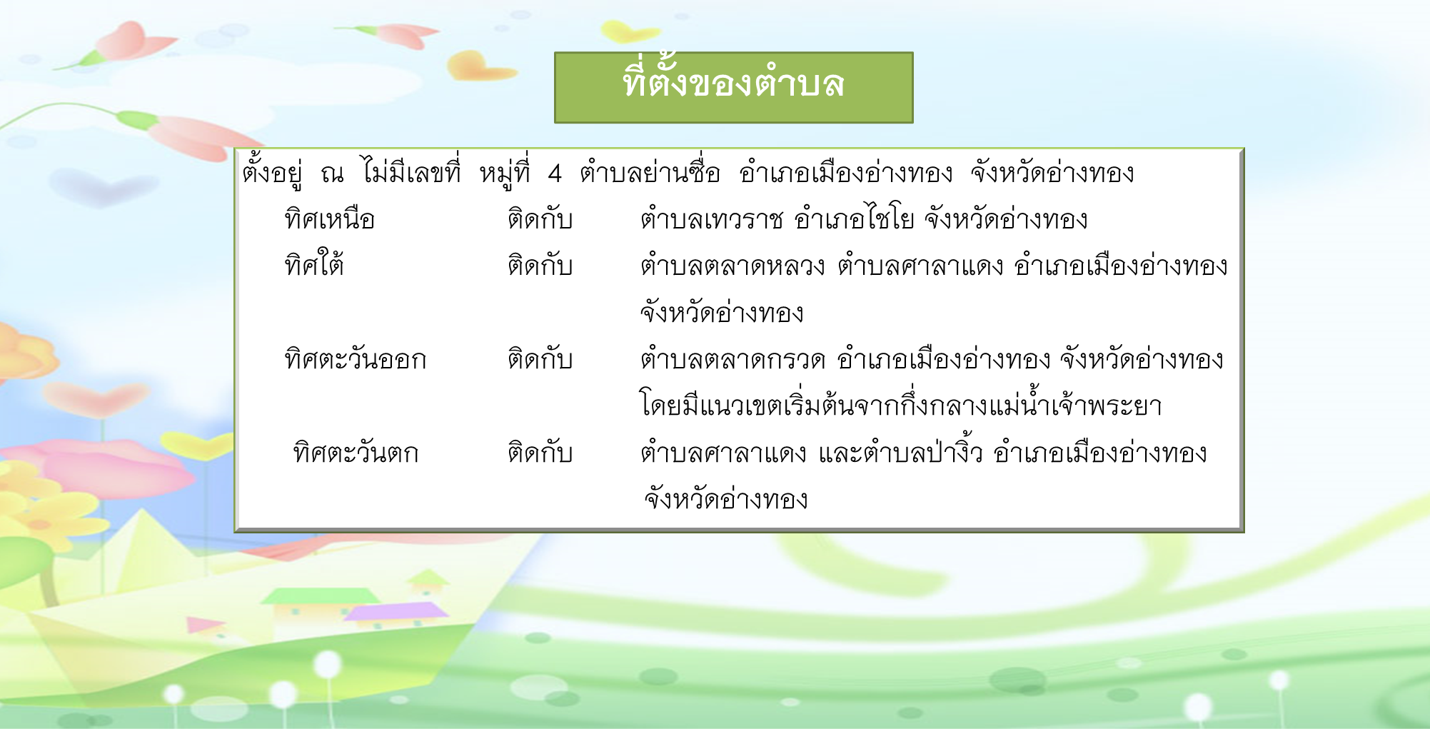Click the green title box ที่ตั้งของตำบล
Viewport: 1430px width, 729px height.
point(733,87)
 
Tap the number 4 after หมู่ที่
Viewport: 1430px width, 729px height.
point(555,174)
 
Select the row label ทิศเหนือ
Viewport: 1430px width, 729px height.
point(329,218)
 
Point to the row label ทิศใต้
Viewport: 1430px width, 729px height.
point(314,263)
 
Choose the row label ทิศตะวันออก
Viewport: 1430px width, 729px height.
point(355,358)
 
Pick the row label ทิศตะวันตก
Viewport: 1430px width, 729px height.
point(356,452)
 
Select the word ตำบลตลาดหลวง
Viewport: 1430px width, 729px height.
point(732,266)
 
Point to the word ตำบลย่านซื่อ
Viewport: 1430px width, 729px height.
point(650,171)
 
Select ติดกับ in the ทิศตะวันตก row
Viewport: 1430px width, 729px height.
point(540,451)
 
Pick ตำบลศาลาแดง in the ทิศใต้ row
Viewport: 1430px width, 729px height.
point(920,266)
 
